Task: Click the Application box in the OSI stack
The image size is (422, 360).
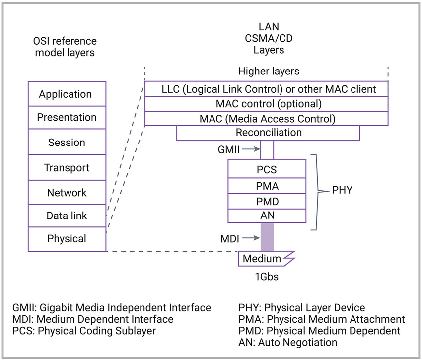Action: pos(67,94)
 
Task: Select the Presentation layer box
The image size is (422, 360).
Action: pos(67,117)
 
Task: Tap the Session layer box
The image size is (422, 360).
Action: pos(67,142)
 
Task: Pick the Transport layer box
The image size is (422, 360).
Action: pos(67,167)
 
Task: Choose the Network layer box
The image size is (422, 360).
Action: pos(67,192)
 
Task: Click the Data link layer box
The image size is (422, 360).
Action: pos(67,216)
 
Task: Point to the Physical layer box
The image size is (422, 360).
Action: pos(67,239)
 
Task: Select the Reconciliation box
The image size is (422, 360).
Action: pos(268,133)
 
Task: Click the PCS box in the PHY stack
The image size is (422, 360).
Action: pos(267,169)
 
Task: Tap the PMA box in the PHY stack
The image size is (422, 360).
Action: pos(267,186)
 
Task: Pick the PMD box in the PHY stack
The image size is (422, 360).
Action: pos(267,201)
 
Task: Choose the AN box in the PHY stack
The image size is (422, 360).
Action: pos(267,216)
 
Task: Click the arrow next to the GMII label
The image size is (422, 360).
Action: pos(251,149)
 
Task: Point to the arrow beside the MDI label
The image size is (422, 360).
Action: pos(251,238)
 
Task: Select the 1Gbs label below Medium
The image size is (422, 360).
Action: pos(267,277)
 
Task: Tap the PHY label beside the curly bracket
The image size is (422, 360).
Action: pos(342,190)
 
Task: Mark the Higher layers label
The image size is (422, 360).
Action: pos(269,72)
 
